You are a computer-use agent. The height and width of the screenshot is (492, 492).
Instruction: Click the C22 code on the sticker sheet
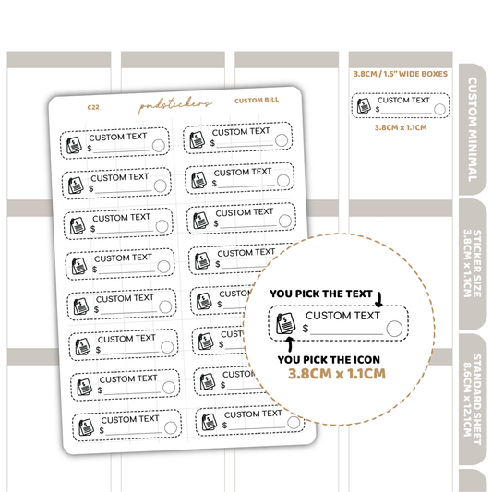(93, 107)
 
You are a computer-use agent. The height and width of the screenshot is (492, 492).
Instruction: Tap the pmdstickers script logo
(175, 105)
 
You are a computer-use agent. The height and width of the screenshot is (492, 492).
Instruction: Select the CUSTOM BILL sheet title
(257, 101)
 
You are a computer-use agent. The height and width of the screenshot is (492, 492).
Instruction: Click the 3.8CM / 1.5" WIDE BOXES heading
(401, 74)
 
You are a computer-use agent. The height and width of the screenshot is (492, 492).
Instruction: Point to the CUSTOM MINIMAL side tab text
(473, 129)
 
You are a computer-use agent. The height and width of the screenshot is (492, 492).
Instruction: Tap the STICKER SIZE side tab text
(473, 264)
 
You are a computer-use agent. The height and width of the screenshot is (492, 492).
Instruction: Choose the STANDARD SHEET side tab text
(473, 399)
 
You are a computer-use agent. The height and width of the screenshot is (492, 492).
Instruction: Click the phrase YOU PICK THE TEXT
(321, 294)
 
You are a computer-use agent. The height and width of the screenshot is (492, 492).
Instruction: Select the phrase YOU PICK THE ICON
(329, 360)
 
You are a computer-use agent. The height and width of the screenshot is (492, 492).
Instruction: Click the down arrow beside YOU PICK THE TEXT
(379, 300)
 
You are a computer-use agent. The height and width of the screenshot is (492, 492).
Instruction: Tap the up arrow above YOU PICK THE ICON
(290, 344)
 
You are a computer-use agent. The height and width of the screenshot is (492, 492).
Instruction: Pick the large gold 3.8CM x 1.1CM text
(337, 374)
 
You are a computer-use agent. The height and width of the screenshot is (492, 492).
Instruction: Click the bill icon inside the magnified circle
(286, 323)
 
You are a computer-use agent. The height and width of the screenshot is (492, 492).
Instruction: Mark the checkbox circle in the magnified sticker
(394, 329)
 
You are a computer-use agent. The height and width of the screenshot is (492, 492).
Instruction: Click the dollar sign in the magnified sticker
(306, 329)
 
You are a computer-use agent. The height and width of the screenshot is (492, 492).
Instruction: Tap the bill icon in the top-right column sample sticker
(364, 105)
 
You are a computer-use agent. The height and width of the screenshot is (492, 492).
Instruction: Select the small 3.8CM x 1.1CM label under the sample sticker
(401, 127)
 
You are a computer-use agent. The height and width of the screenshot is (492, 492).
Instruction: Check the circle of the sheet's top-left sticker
(159, 146)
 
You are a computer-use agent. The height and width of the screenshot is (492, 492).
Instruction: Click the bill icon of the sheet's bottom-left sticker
(86, 427)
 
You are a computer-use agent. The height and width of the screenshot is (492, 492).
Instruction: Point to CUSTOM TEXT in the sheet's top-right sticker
(241, 132)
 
